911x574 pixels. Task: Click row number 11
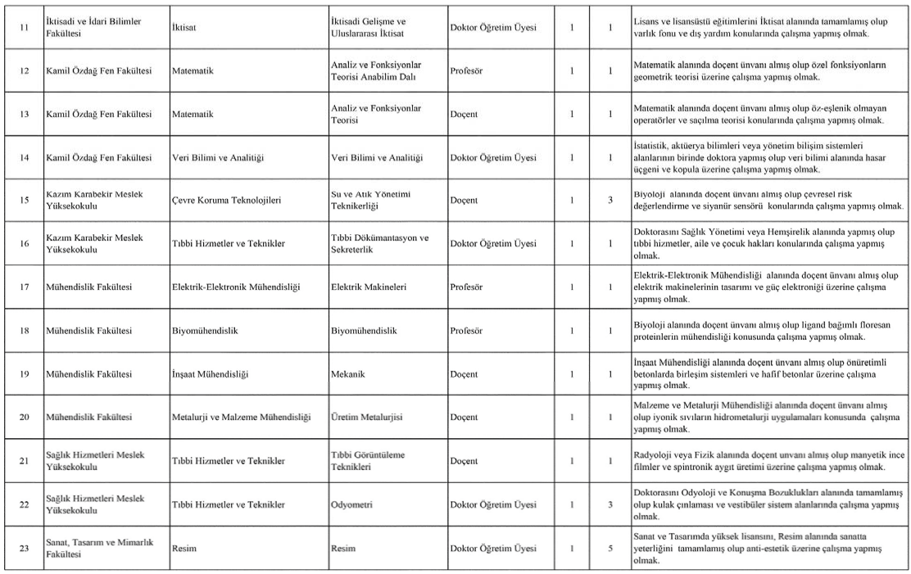click(x=24, y=27)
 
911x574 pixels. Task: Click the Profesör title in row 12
click(x=466, y=71)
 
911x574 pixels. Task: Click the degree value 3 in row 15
click(x=610, y=201)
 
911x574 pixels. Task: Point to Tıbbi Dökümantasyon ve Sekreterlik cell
click(x=379, y=243)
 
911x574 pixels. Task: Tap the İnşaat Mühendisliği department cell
click(x=210, y=374)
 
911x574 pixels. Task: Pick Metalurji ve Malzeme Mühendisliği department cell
click(x=242, y=417)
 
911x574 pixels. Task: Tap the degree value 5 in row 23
click(x=610, y=547)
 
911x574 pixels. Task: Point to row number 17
click(x=24, y=287)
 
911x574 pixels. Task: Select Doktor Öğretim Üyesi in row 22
click(x=493, y=504)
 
